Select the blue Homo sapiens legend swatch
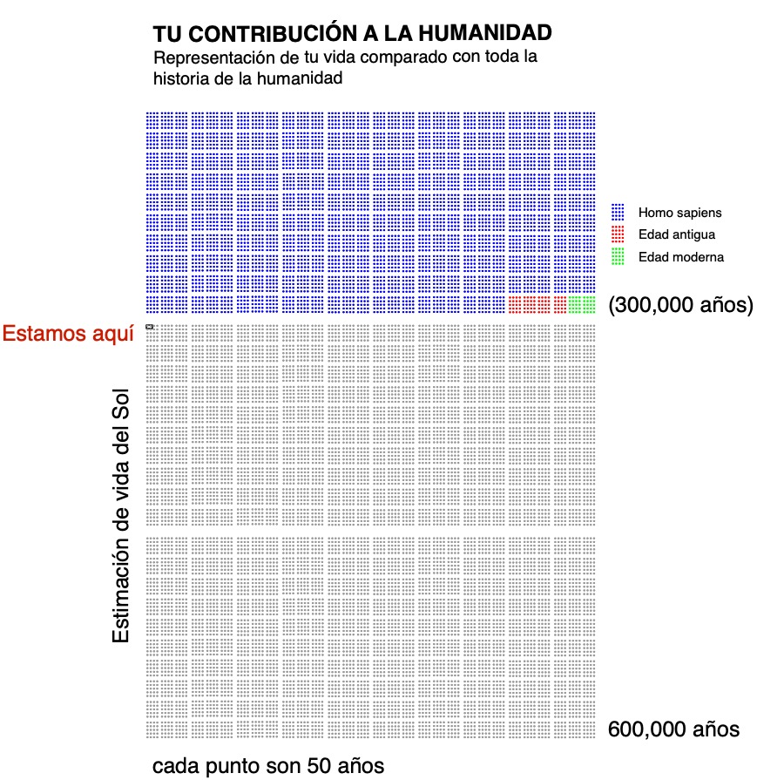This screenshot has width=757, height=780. (618, 212)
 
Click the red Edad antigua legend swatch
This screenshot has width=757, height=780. (618, 234)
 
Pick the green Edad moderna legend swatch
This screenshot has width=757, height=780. (618, 256)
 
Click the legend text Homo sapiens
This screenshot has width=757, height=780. (679, 213)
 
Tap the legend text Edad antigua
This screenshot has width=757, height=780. (676, 234)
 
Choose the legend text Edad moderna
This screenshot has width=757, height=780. (680, 257)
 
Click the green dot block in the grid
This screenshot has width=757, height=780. (581, 304)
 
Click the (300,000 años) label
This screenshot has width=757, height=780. (680, 305)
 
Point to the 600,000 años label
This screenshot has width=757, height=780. (673, 729)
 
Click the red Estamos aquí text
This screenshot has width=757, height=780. (68, 333)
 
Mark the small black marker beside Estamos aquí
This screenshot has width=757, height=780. (150, 327)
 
